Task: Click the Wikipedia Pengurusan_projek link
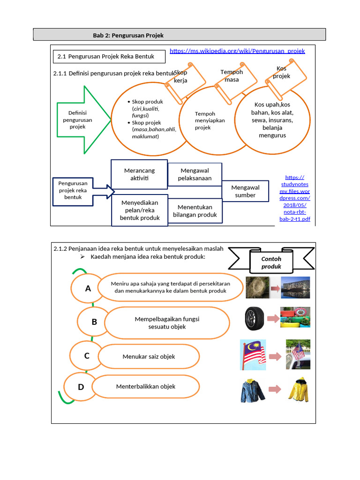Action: click(x=237, y=51)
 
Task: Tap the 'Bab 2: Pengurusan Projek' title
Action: click(x=128, y=36)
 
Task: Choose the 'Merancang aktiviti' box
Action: click(x=139, y=174)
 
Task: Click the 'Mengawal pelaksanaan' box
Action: click(x=195, y=174)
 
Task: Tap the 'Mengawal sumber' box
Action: click(x=245, y=191)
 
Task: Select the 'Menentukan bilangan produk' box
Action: click(x=195, y=211)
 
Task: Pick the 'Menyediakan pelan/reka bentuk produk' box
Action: click(x=139, y=210)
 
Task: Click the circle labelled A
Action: click(x=88, y=289)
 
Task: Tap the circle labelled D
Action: click(x=81, y=387)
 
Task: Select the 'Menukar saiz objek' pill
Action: click(x=149, y=357)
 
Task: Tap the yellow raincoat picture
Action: click(x=298, y=390)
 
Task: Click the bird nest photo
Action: click(x=257, y=287)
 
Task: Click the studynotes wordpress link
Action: click(x=295, y=198)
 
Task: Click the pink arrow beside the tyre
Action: click(x=273, y=319)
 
